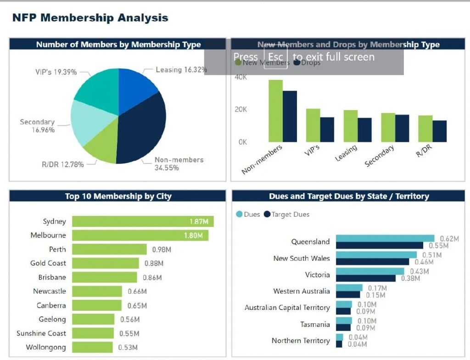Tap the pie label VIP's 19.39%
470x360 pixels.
(x=56, y=72)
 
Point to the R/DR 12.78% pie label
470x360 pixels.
(x=63, y=164)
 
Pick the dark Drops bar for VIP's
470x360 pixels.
(x=327, y=129)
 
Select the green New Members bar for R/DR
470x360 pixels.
(x=425, y=129)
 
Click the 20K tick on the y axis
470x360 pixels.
(x=241, y=109)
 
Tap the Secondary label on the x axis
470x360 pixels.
(x=380, y=157)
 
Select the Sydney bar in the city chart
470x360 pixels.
(x=143, y=221)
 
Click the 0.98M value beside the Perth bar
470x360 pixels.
(x=161, y=250)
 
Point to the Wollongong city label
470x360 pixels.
(x=46, y=347)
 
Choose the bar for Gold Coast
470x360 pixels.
(x=106, y=263)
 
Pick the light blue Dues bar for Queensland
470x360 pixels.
(x=385, y=238)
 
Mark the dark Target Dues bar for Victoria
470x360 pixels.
(x=365, y=278)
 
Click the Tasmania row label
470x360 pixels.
(x=315, y=324)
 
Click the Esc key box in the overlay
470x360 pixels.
(x=275, y=57)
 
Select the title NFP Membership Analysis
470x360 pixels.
(x=90, y=18)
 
